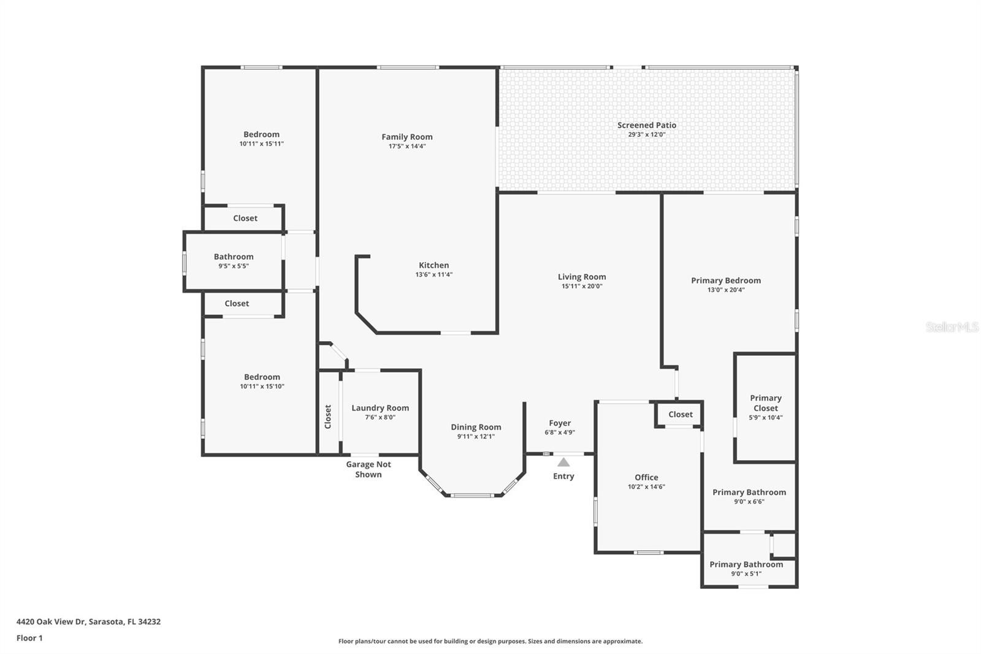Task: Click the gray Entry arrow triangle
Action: [x=563, y=462]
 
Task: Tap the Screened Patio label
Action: [x=646, y=125]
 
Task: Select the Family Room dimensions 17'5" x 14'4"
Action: [x=407, y=147]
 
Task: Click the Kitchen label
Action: [x=433, y=265]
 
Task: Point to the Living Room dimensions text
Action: [x=582, y=287]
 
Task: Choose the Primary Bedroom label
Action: [x=726, y=280]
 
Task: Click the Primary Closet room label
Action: [x=766, y=403]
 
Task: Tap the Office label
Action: [x=646, y=477]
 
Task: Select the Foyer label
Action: [x=560, y=423]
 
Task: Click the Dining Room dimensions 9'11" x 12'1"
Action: [x=476, y=437]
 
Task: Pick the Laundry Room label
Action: [x=380, y=408]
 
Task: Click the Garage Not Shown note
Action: [x=368, y=469]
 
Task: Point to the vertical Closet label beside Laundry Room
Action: [x=327, y=417]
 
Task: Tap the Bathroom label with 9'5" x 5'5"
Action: [x=234, y=257]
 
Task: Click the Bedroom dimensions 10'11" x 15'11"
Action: [x=261, y=144]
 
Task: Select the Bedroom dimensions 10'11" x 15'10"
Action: [x=262, y=387]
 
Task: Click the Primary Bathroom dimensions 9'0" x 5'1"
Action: [x=746, y=574]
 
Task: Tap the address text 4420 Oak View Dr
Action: [x=51, y=621]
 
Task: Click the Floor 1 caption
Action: [x=29, y=638]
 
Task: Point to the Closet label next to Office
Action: [x=681, y=415]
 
